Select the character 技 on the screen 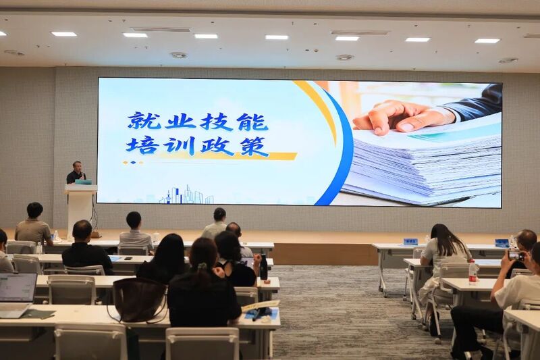[x=216, y=122]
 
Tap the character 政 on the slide [x=216, y=146]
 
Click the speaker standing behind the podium [x=76, y=172]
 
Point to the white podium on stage [x=80, y=210]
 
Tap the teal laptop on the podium [x=83, y=182]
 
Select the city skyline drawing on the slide [x=186, y=195]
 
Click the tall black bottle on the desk [x=263, y=267]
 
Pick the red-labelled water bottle [x=473, y=272]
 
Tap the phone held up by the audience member [x=516, y=255]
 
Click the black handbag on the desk [x=140, y=299]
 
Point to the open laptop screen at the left [x=18, y=288]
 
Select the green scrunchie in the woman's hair [x=202, y=266]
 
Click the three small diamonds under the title [x=133, y=162]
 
